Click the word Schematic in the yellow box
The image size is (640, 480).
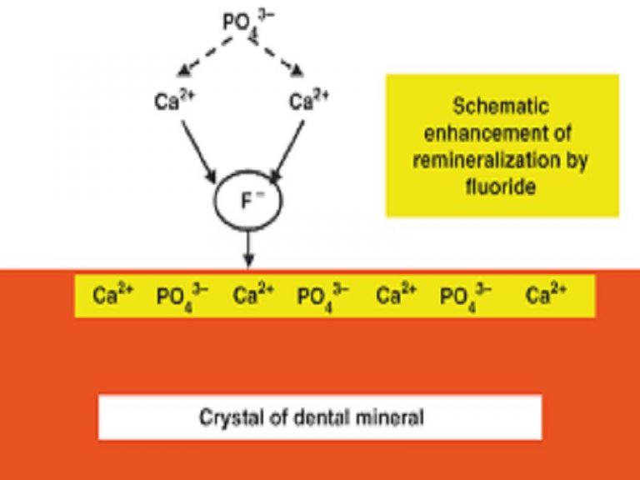pyautogui.click(x=502, y=107)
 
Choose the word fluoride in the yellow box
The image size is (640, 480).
pyautogui.click(x=502, y=187)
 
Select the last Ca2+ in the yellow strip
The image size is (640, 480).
pyautogui.click(x=547, y=295)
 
